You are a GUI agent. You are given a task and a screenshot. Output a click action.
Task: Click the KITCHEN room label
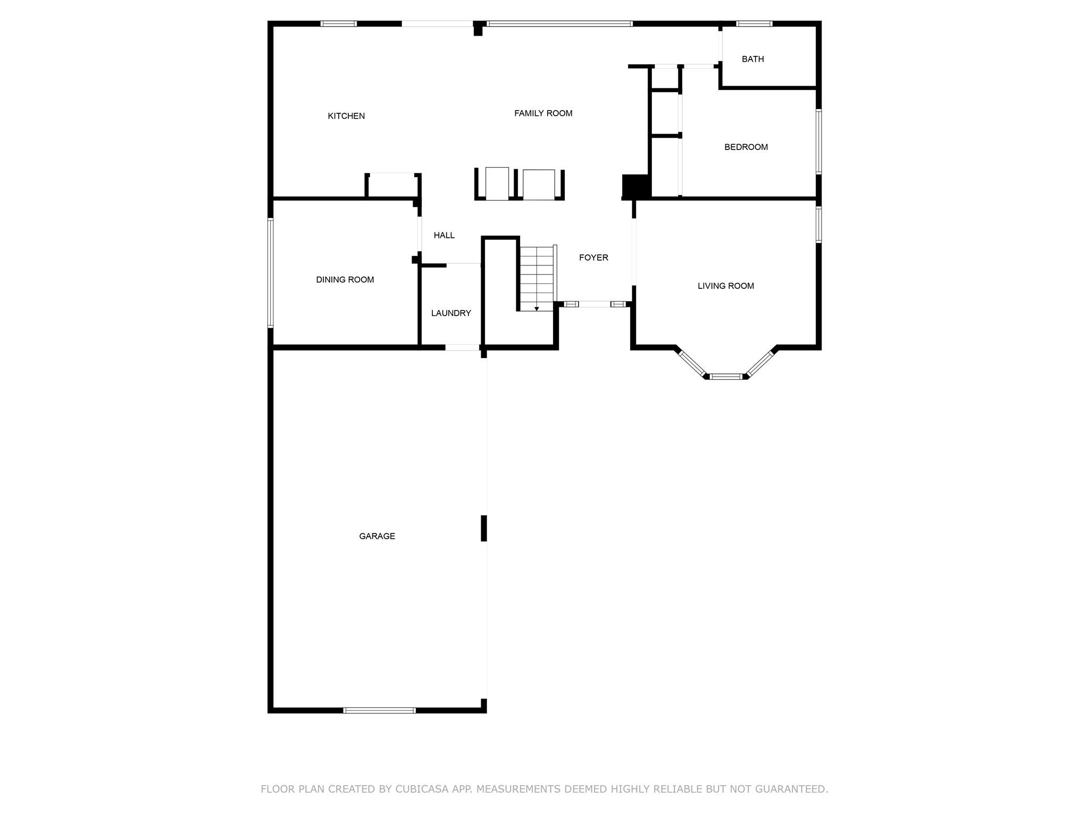[x=346, y=116]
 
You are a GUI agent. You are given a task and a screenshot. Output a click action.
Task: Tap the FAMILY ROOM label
[x=543, y=113]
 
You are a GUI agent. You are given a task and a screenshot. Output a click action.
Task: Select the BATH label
[x=753, y=59]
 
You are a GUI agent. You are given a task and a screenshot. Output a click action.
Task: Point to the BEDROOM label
[x=746, y=147]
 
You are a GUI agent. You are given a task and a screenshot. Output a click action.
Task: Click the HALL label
[x=444, y=235]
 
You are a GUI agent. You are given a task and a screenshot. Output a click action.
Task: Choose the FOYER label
[x=593, y=257]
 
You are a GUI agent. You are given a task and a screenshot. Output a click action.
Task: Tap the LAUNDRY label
[x=451, y=313]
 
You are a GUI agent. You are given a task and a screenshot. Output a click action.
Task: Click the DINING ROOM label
[x=345, y=280]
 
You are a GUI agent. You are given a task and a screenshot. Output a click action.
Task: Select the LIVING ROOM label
[x=726, y=286]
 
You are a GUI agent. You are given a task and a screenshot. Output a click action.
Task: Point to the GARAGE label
[x=377, y=536]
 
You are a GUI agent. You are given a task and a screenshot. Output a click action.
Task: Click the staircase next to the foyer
[x=537, y=278]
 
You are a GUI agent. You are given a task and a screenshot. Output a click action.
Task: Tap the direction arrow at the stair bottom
[x=537, y=309]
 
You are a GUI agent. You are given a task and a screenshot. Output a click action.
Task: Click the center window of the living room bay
[x=726, y=377]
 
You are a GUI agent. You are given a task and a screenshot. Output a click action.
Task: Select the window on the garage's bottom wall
[x=379, y=710]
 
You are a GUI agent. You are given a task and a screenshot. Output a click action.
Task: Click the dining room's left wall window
[x=270, y=273]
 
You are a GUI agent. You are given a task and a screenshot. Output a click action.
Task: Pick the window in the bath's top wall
[x=754, y=23]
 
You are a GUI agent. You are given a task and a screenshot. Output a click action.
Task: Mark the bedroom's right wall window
[x=819, y=141]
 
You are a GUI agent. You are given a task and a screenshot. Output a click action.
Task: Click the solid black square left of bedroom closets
[x=636, y=186]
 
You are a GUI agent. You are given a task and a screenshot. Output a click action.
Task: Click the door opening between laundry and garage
[x=462, y=347]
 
